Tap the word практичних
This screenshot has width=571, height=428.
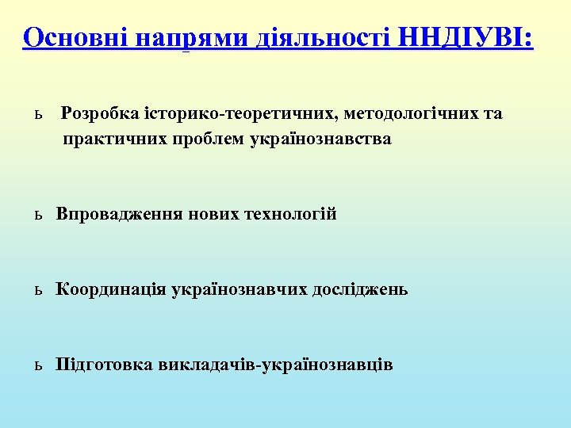pos(114,139)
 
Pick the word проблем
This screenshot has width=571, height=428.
pos(207,139)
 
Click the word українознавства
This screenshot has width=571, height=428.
pos(320,139)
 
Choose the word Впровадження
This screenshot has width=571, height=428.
pos(120,215)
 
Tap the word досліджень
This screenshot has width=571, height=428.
pos(360,290)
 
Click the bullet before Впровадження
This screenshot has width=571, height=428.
pos(37,216)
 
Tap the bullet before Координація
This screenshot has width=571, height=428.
pos(37,291)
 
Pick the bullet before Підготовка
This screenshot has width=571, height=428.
pos(37,366)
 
